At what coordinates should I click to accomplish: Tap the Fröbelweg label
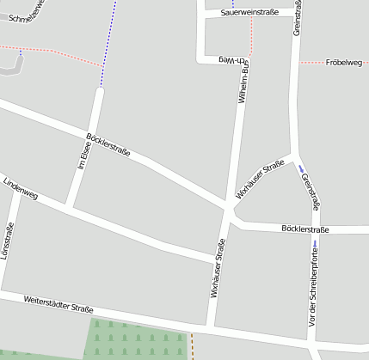[344, 63]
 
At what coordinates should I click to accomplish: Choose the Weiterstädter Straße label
[58, 303]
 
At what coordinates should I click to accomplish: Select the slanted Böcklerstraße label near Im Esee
[108, 145]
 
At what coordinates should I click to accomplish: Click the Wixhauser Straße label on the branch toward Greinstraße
[261, 180]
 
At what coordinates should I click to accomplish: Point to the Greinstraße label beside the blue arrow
[311, 191]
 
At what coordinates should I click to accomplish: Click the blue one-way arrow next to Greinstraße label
[301, 169]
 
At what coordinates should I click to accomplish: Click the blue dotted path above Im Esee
[108, 43]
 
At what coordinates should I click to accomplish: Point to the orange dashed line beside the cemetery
[192, 346]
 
